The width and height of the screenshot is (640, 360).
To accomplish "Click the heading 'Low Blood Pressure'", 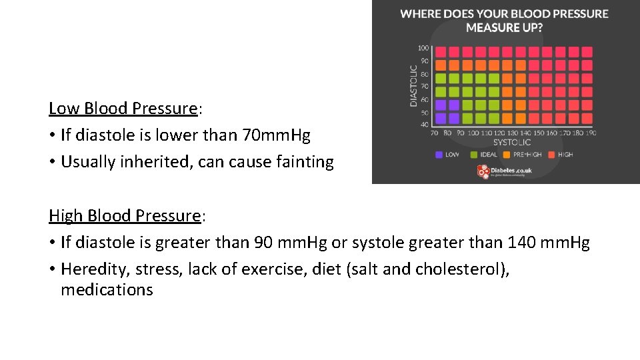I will pos(123,108).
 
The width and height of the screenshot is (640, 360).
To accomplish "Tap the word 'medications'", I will pos(107,290).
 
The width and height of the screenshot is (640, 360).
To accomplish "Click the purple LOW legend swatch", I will pos(439,155).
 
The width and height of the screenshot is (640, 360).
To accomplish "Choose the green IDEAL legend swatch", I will pos(475,155).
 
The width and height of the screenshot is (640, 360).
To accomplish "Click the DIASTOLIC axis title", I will pos(414,85).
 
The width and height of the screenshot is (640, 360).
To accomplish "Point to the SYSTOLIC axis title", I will pos(511,142).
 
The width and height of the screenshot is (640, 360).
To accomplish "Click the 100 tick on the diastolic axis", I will pos(423,48).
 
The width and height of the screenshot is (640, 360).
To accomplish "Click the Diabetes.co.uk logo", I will pos(504,171).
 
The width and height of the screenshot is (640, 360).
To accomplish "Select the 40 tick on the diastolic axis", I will pos(425,124).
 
